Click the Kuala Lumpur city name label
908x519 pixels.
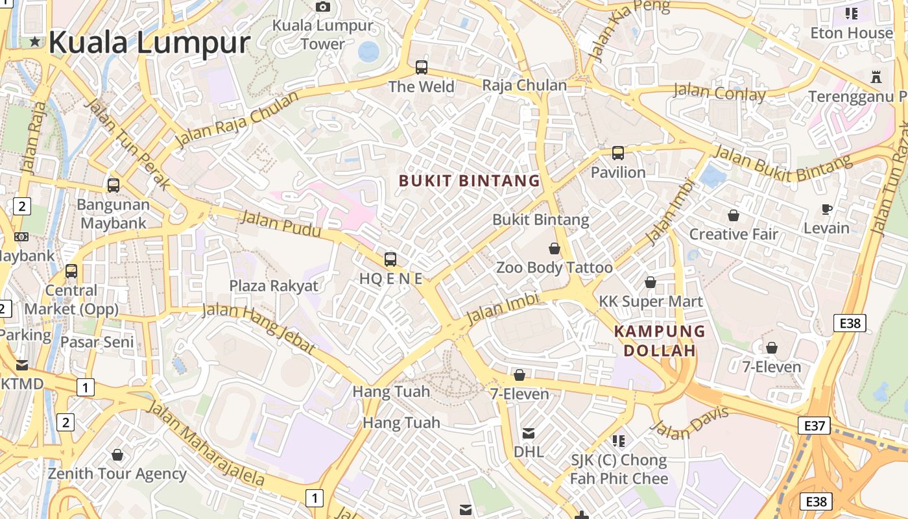[149, 43]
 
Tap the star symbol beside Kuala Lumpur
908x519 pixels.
[35, 43]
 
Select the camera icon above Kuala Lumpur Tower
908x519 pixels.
[322, 7]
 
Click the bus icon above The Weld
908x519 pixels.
[422, 67]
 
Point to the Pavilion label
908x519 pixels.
[618, 173]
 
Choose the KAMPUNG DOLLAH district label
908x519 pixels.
[659, 341]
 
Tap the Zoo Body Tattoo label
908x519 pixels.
[554, 267]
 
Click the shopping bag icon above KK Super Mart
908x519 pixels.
[650, 282]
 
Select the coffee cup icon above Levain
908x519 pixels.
[826, 209]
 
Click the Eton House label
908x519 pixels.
[852, 32]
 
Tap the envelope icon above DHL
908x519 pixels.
[529, 433]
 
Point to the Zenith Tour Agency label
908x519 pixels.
[117, 474]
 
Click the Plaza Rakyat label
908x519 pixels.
[274, 285]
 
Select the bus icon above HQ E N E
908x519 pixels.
[390, 259]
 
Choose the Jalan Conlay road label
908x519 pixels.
[719, 92]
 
